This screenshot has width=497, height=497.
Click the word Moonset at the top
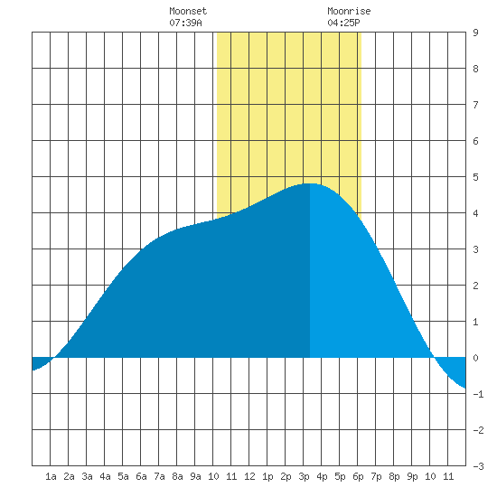[188, 11]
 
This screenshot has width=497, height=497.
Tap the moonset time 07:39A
[185, 23]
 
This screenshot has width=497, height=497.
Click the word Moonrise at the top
[349, 11]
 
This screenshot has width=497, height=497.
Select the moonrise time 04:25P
[343, 23]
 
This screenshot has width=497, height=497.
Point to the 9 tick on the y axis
[475, 33]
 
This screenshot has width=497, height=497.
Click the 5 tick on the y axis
[475, 177]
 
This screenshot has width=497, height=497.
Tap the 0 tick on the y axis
[475, 358]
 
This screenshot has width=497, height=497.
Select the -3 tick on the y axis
[478, 466]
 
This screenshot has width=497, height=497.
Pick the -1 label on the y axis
[478, 394]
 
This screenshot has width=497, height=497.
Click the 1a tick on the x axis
[51, 476]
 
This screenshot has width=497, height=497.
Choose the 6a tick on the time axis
[141, 476]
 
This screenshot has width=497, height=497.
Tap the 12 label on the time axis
[249, 476]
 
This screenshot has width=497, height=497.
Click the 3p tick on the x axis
[304, 476]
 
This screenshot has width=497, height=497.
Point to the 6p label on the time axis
[358, 476]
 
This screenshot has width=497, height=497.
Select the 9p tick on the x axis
[412, 476]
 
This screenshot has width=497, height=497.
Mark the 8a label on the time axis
[177, 476]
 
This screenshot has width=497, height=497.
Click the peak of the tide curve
[310, 183]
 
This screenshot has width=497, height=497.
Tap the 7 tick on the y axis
[475, 105]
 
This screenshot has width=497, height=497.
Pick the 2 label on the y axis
[475, 286]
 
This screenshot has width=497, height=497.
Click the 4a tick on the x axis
[105, 476]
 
